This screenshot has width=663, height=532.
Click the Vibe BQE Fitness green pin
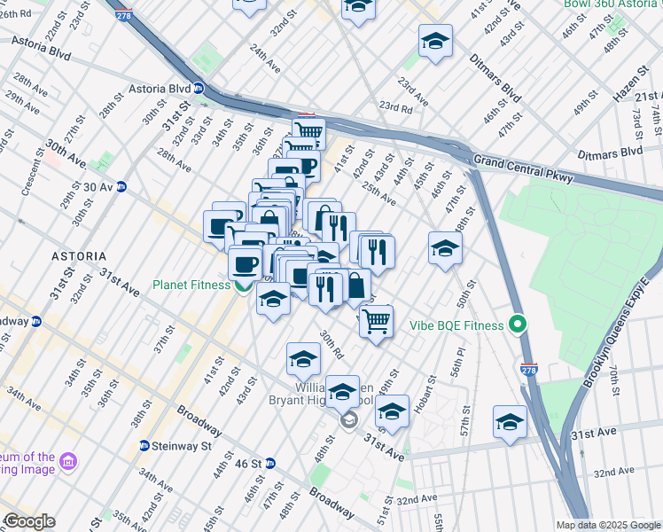[x=518, y=325]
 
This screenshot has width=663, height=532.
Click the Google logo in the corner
[x=28, y=521]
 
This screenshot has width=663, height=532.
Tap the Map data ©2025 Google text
[x=609, y=525]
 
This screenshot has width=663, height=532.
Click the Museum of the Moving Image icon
[x=69, y=462]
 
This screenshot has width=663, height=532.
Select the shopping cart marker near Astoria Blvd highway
[x=308, y=134]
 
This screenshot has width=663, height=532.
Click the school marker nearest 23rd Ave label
[x=434, y=41]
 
